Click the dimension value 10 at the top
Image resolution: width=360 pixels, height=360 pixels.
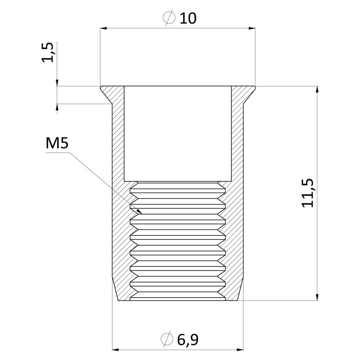coord(188,18)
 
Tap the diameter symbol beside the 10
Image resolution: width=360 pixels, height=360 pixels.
coord(169,18)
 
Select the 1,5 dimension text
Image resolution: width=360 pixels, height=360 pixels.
coord(48,52)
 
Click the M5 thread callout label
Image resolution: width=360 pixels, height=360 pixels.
coord(57,143)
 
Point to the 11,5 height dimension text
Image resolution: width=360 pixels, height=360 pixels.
coord(307,193)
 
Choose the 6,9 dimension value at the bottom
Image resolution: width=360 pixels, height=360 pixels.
coord(188,340)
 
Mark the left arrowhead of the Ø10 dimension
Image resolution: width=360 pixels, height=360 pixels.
coord(103,28)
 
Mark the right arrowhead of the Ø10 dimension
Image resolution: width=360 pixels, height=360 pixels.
coord(252,28)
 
